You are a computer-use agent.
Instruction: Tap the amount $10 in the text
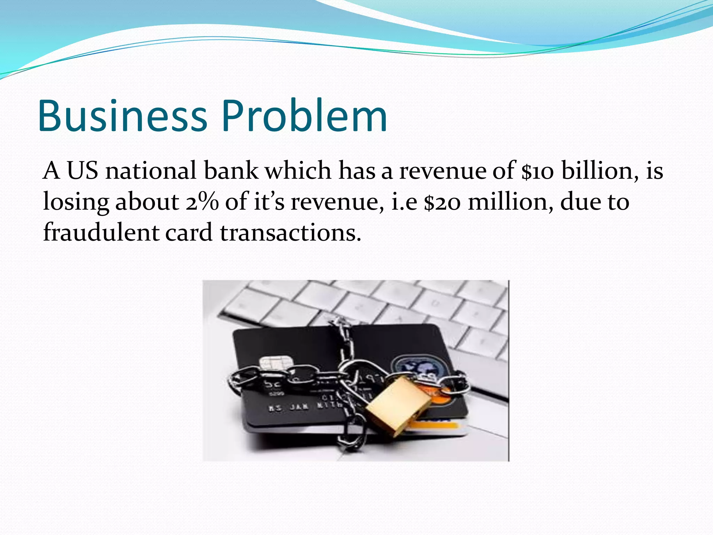pos(538,171)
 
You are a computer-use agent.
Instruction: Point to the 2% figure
pos(202,202)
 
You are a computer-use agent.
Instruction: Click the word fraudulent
pos(101,233)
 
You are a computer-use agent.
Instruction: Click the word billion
pos(601,171)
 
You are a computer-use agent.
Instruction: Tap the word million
pos(510,202)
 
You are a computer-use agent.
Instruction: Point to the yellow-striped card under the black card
pos(439,427)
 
